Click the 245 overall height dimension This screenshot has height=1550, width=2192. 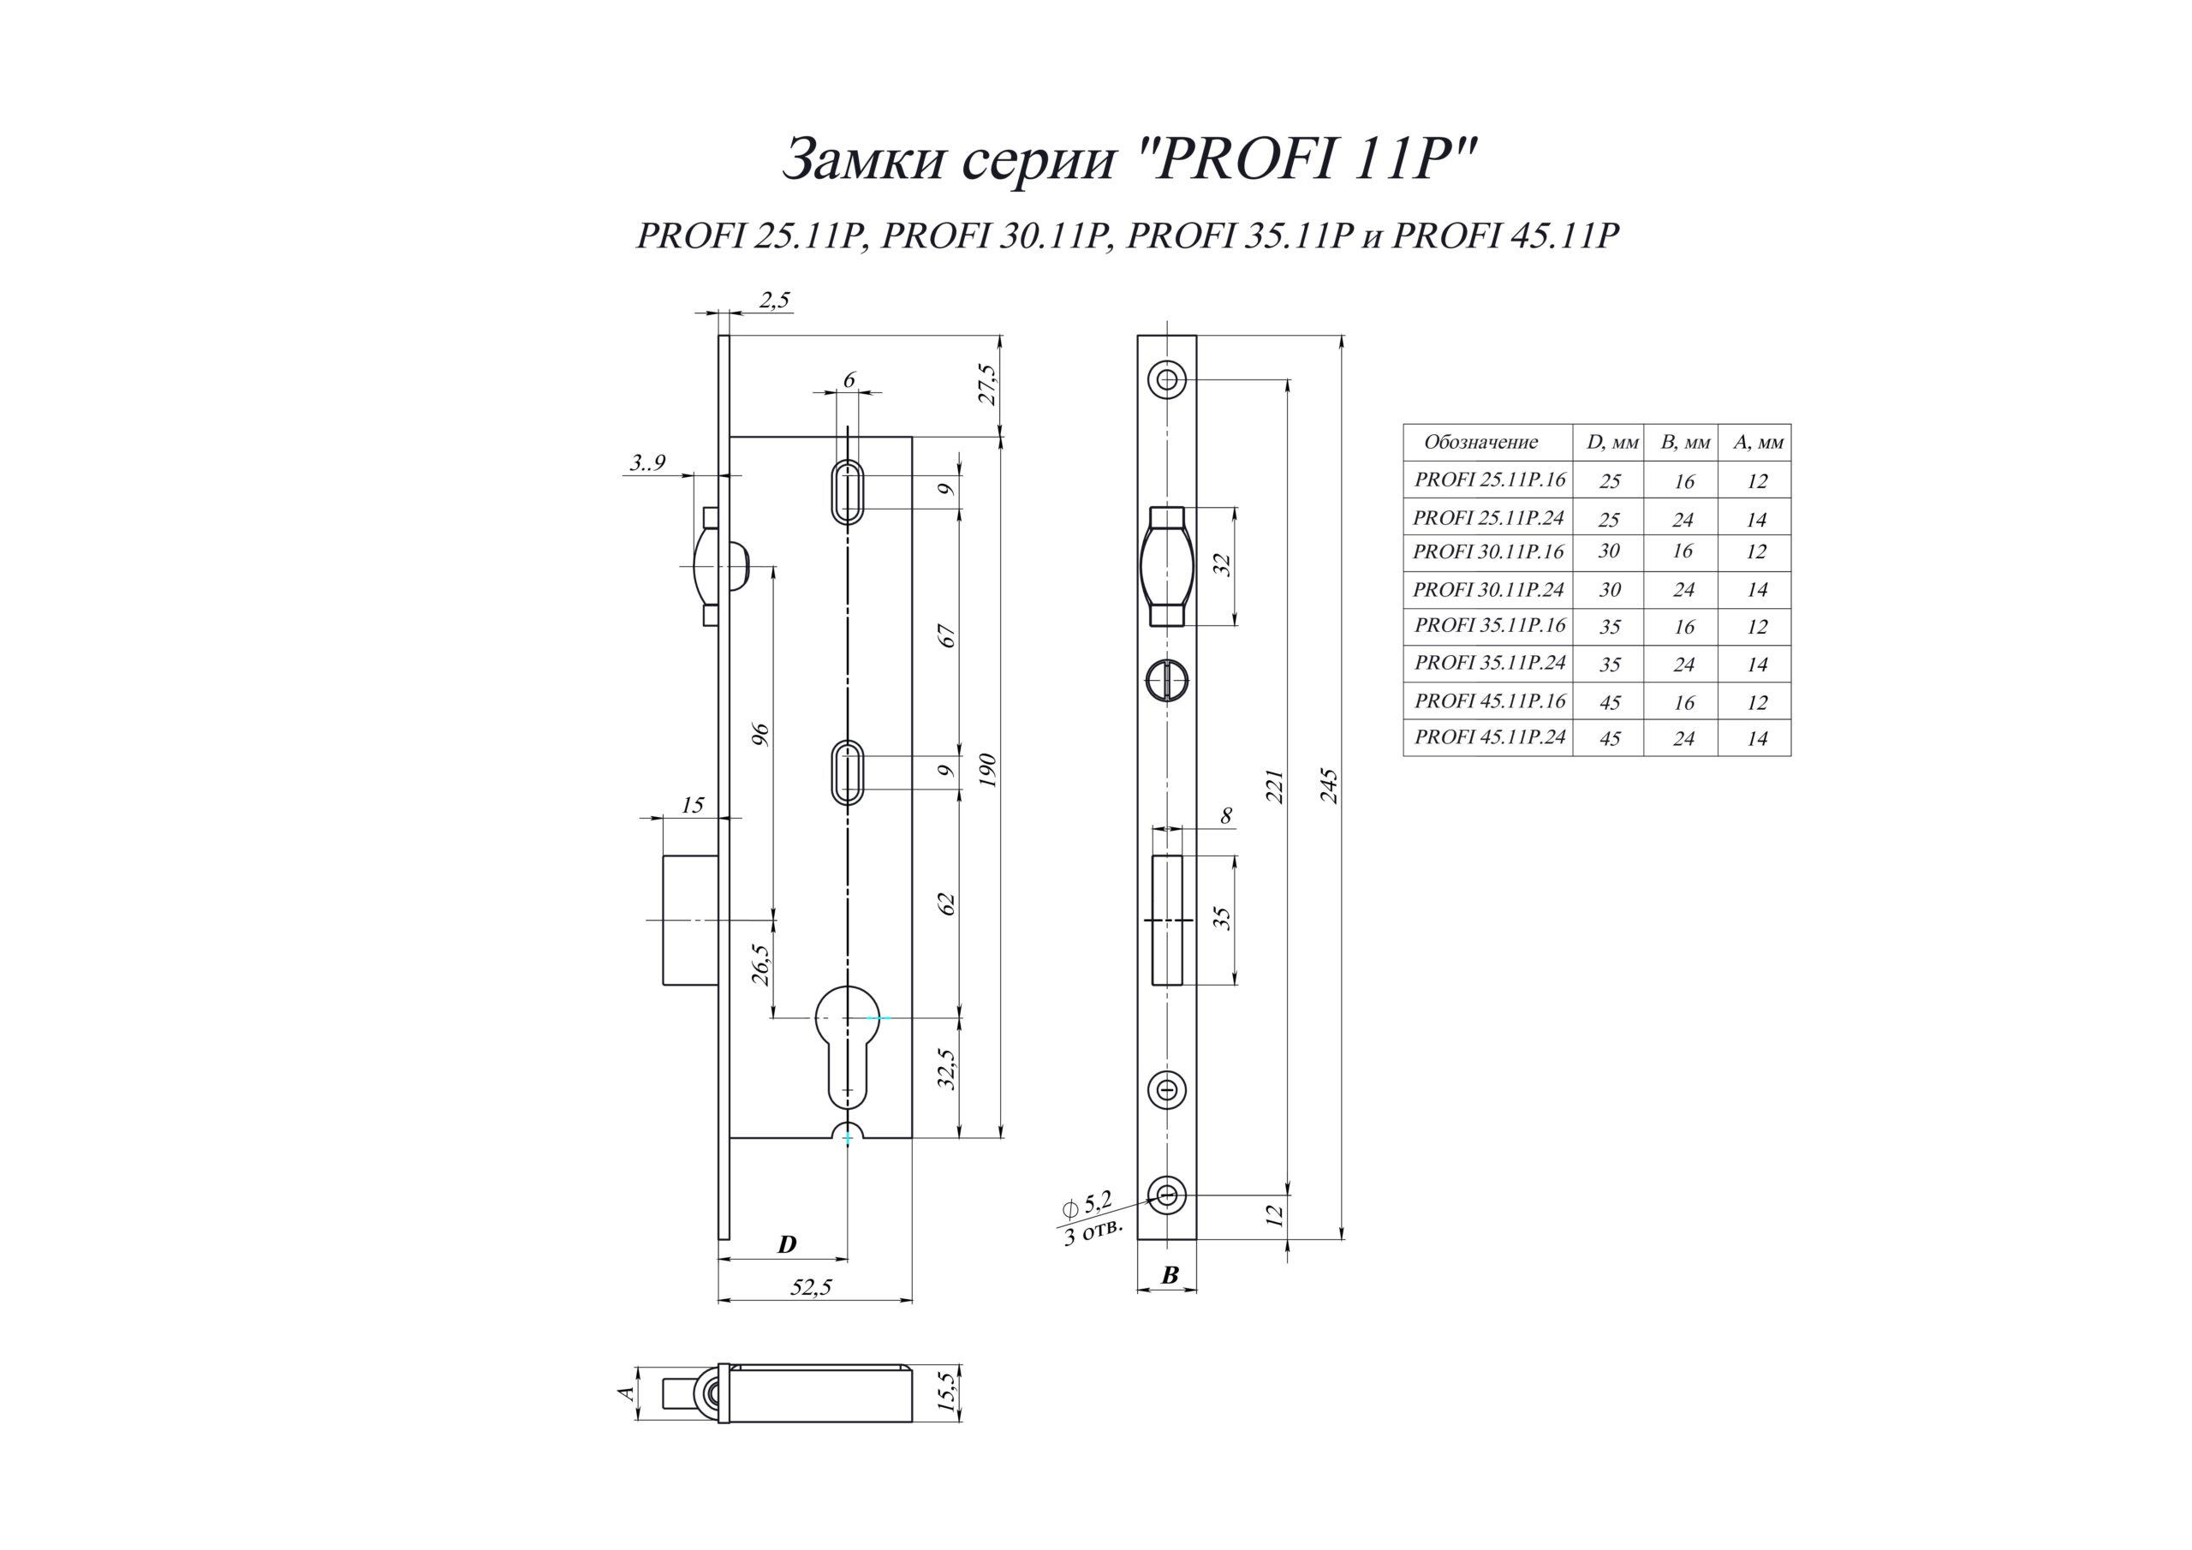pyautogui.click(x=1328, y=785)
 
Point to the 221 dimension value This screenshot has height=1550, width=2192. pyautogui.click(x=1275, y=785)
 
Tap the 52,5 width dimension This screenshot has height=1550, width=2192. pyautogui.click(x=811, y=1287)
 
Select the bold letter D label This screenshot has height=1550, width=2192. pyautogui.click(x=787, y=1244)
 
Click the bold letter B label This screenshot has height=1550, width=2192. pyautogui.click(x=1170, y=1275)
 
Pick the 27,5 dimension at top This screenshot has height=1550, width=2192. pyautogui.click(x=987, y=384)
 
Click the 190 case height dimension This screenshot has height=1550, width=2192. pyautogui.click(x=987, y=770)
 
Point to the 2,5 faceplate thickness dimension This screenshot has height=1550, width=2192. pyautogui.click(x=774, y=300)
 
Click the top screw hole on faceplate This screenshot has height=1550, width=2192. pyautogui.click(x=1167, y=380)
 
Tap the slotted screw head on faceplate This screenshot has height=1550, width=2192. pyautogui.click(x=1167, y=681)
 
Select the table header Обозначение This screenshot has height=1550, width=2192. pyautogui.click(x=1480, y=442)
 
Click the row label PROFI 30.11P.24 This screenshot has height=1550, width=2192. pyautogui.click(x=1487, y=590)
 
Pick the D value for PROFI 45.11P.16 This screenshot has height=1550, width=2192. pyautogui.click(x=1610, y=703)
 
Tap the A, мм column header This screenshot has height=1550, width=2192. pyautogui.click(x=1758, y=442)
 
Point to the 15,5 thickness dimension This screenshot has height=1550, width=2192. pyautogui.click(x=945, y=1392)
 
